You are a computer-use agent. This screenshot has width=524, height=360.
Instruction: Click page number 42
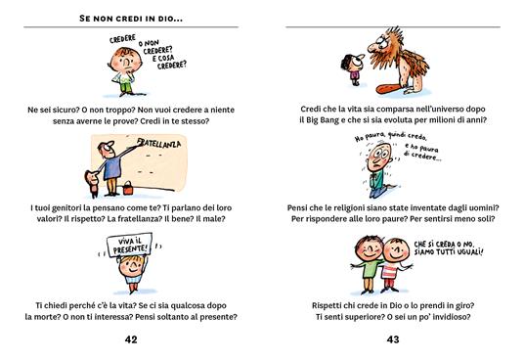[131, 339]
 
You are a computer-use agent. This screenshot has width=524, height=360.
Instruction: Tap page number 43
[393, 339]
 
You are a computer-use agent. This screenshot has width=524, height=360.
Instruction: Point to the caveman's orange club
[391, 88]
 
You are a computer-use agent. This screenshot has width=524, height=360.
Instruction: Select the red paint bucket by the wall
[128, 189]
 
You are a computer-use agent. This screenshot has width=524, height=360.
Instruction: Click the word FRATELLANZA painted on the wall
[159, 143]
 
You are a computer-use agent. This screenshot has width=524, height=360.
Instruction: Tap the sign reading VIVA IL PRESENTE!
[129, 245]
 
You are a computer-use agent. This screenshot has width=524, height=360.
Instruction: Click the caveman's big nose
[371, 48]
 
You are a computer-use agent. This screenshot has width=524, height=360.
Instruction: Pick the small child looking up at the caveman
[353, 69]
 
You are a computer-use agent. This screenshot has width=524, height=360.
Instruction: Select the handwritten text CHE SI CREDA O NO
[444, 245]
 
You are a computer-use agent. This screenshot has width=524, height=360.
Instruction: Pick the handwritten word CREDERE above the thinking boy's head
[122, 39]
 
